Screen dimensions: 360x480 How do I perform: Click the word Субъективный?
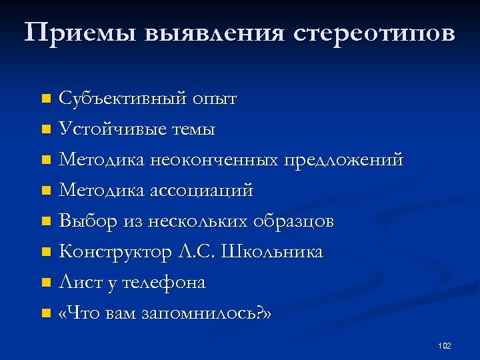point(123,99)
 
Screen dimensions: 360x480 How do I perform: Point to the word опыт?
point(215,99)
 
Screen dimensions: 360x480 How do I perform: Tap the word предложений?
point(344,160)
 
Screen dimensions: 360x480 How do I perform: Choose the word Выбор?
point(84,221)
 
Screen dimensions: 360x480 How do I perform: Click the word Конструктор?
point(116,252)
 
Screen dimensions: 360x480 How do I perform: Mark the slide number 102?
point(444,345)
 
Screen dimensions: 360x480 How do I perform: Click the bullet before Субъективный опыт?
point(45,99)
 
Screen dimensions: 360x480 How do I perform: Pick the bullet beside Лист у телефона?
point(45,283)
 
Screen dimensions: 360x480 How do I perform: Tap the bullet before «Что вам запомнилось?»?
point(45,313)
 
